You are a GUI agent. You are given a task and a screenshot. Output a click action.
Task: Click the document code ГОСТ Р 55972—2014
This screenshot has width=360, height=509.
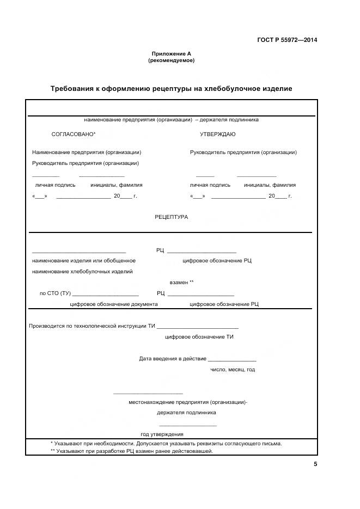(x=287, y=40)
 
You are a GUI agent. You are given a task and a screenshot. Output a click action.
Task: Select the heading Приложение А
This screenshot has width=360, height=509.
(x=171, y=53)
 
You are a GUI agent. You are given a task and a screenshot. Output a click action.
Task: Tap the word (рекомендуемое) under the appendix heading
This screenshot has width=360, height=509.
(x=171, y=60)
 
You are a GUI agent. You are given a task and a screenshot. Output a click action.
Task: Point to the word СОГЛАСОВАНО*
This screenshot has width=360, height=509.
(x=74, y=134)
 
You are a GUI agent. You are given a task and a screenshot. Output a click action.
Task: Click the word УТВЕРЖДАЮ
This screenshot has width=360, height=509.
(x=218, y=134)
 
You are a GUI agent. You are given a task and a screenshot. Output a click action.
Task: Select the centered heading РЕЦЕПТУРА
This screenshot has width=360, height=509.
(x=171, y=217)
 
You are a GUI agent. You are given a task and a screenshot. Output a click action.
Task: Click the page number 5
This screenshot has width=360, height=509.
(x=315, y=464)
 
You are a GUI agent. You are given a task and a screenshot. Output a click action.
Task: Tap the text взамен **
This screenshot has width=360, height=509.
(x=181, y=283)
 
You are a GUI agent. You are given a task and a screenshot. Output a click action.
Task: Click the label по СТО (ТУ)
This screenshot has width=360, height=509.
(x=55, y=293)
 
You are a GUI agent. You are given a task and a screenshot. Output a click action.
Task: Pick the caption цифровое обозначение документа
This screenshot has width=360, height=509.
(x=114, y=304)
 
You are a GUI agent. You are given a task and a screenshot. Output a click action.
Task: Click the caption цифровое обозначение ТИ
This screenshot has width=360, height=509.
(x=199, y=337)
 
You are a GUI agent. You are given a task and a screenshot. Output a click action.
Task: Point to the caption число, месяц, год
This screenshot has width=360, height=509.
(x=233, y=370)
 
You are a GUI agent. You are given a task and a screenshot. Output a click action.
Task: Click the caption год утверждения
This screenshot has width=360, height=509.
(x=162, y=434)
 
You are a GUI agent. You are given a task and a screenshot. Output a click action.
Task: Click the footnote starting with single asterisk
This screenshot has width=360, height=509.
(x=166, y=443)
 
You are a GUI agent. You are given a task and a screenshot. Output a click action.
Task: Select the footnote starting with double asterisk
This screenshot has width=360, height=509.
(x=131, y=451)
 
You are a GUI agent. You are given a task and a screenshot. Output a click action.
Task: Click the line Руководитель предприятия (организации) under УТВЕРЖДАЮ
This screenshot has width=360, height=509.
(x=243, y=152)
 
